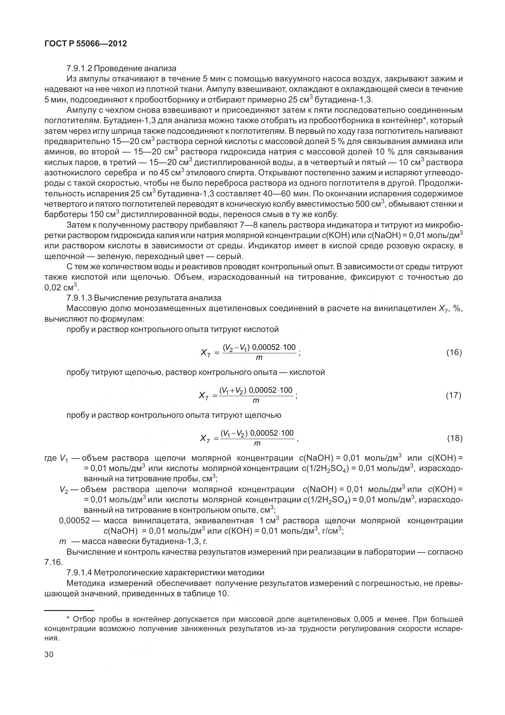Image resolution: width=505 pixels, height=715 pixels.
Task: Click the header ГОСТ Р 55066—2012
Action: point(86,44)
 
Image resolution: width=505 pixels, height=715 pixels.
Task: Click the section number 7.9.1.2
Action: point(79,68)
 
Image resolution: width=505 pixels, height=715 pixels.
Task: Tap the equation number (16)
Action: point(454,353)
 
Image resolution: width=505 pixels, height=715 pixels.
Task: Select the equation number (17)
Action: point(454,396)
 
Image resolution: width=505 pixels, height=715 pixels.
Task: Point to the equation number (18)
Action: point(454,438)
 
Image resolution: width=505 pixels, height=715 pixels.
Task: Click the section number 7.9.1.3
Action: point(79,298)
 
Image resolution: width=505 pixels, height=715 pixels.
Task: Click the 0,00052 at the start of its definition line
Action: point(74,521)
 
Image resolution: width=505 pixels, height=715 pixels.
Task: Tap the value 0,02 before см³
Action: point(53,288)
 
